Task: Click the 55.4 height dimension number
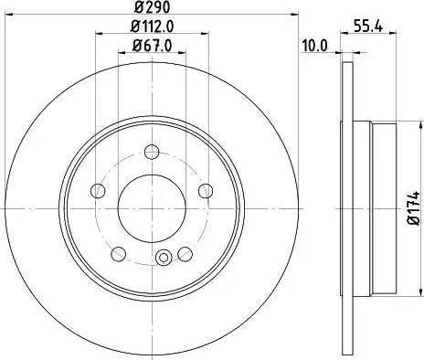[x=366, y=26]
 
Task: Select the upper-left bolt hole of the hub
[x=95, y=191]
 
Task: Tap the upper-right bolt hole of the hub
[x=207, y=190]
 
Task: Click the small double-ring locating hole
[x=164, y=258]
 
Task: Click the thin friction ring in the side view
[x=347, y=110]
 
